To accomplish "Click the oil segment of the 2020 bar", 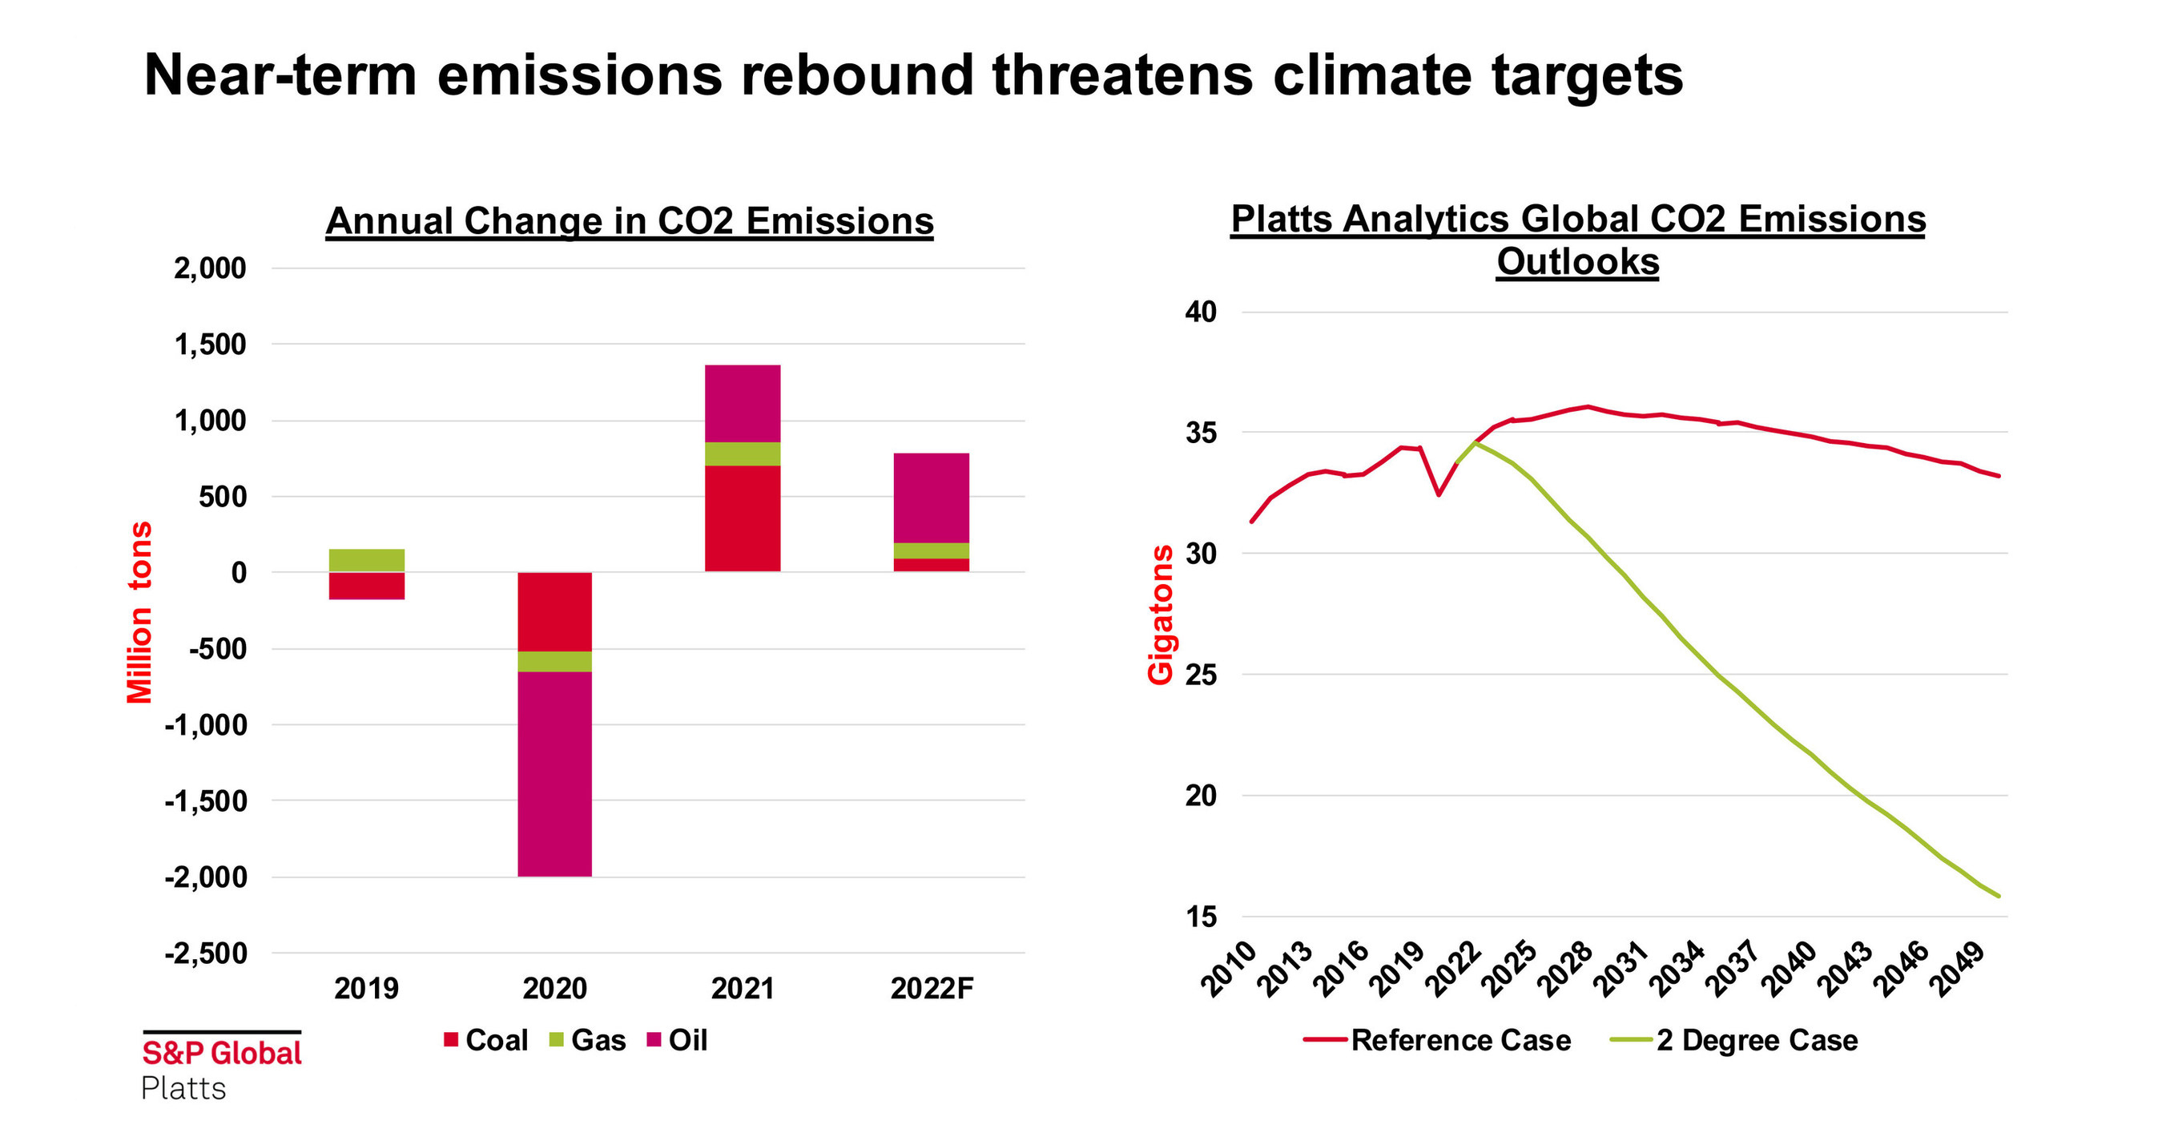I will coord(554,774).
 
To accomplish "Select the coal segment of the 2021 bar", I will coord(742,518).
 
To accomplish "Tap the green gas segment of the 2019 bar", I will coord(366,560).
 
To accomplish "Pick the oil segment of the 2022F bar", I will coord(931,498).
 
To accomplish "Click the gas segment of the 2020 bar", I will coord(554,661).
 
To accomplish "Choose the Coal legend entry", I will coord(486,1041).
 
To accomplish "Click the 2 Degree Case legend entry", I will coord(1755,1041).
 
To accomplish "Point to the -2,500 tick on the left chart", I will coord(207,954).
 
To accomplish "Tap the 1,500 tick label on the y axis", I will coord(210,344).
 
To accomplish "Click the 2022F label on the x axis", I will coord(931,989).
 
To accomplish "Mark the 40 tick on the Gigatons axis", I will coord(1200,312).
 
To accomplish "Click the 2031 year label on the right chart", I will coord(1620,972).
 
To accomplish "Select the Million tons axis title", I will coord(139,612).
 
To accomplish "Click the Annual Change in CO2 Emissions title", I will coord(629,222).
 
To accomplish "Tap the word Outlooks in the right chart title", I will coord(1577,262).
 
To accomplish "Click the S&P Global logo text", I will coord(222,1053).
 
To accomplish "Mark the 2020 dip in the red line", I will coord(1439,494).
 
